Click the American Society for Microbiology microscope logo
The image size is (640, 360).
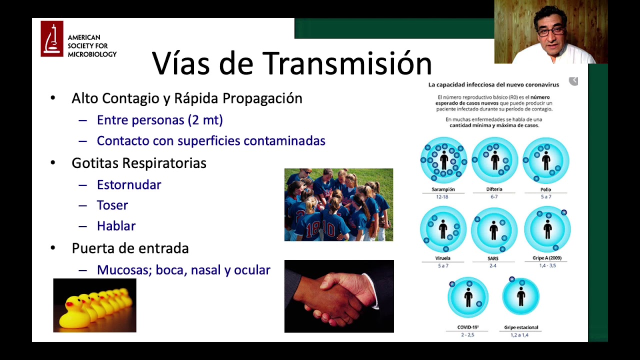click(x=52, y=38)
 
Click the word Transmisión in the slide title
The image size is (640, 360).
click(x=347, y=63)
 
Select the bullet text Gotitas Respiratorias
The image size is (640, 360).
click(x=139, y=163)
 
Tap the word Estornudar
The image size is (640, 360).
click(x=129, y=185)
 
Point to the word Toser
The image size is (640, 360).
click(x=112, y=205)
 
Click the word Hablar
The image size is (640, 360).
click(x=116, y=226)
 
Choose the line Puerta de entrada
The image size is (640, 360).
click(x=130, y=248)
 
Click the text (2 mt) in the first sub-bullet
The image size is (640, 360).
click(x=205, y=120)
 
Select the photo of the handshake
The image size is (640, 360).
click(x=339, y=296)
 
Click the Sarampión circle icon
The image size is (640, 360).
click(x=443, y=160)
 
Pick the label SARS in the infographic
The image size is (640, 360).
click(x=492, y=258)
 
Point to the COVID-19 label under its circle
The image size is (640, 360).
click(x=468, y=327)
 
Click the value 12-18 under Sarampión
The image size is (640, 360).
click(x=442, y=197)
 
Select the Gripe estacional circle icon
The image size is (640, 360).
click(x=521, y=296)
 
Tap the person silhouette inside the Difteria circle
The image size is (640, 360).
click(x=495, y=160)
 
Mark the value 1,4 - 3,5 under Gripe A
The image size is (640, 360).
click(x=547, y=265)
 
